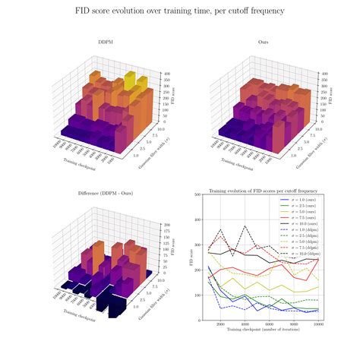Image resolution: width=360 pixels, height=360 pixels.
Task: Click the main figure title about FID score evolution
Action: (179, 12)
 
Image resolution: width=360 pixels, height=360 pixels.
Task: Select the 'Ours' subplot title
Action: (263, 43)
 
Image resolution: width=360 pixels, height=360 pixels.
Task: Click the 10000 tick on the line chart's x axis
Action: (317, 324)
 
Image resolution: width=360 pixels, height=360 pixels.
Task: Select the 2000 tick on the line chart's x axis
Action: (221, 324)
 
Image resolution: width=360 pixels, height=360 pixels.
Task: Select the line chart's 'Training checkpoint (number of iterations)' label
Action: (258, 331)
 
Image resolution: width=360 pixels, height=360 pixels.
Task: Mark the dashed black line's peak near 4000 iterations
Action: (245, 226)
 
